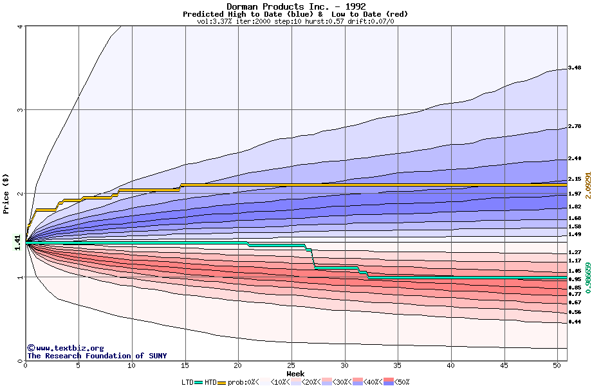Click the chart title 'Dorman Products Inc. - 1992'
click(295, 6)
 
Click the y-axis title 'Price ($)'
click(6, 194)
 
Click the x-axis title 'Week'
click(295, 373)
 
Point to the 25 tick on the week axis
click(291, 366)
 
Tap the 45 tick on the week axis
click(504, 366)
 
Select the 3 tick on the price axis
click(21, 110)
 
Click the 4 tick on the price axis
click(21, 26)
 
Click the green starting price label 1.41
click(17, 241)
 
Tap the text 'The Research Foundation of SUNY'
click(97, 356)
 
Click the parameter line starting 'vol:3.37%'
click(295, 21)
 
